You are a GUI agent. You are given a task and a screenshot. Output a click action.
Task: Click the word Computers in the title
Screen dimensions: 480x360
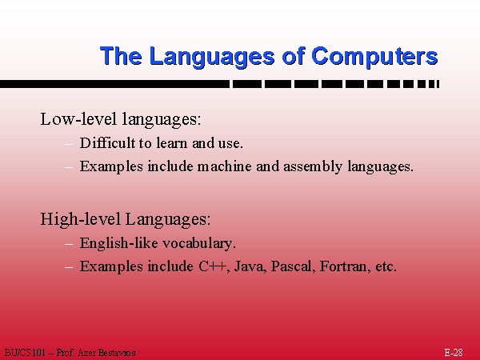374,57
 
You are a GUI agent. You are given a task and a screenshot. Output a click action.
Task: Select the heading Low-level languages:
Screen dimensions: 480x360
121,119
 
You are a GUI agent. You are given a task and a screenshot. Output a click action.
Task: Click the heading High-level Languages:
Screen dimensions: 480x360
126,219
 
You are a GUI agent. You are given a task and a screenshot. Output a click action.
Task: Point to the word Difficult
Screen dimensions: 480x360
107,143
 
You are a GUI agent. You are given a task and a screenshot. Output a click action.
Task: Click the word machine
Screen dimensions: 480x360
224,166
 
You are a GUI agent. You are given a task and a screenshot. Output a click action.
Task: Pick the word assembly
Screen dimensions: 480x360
313,167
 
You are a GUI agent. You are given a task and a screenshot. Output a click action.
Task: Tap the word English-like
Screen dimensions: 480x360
118,244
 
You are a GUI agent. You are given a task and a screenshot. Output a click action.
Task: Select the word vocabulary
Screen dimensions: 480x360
199,244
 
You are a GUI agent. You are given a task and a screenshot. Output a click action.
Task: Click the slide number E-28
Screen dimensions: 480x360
454,352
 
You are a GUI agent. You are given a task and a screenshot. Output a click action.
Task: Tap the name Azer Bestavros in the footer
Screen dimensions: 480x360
106,353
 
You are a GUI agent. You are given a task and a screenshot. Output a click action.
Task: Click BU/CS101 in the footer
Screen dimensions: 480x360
25,353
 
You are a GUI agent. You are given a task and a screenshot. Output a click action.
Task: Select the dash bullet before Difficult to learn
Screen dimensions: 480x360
69,143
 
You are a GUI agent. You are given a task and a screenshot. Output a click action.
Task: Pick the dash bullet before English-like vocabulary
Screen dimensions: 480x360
69,244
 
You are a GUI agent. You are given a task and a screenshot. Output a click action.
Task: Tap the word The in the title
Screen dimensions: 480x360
121,56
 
